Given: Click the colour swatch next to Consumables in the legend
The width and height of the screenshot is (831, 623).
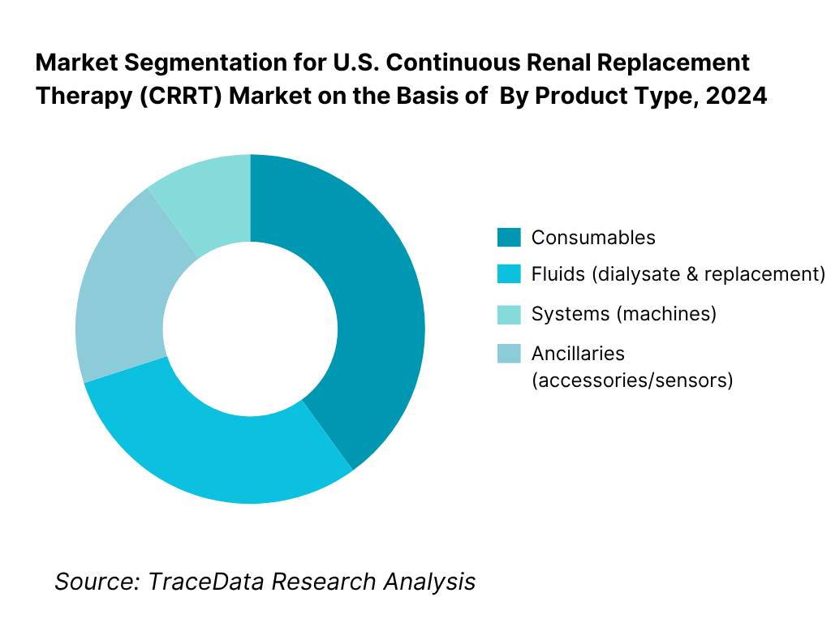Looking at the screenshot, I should tap(507, 238).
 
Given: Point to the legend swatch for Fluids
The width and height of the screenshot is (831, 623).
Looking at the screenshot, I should tap(507, 274).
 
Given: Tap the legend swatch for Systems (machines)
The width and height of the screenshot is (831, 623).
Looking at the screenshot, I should tap(507, 314).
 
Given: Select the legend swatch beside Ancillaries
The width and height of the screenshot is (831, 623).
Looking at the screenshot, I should tap(507, 354).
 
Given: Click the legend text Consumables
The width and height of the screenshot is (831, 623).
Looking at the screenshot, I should tap(593, 238).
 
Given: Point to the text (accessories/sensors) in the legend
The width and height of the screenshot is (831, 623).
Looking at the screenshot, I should tap(632, 380).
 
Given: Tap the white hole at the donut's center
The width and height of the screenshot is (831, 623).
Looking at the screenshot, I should tap(250, 329).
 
